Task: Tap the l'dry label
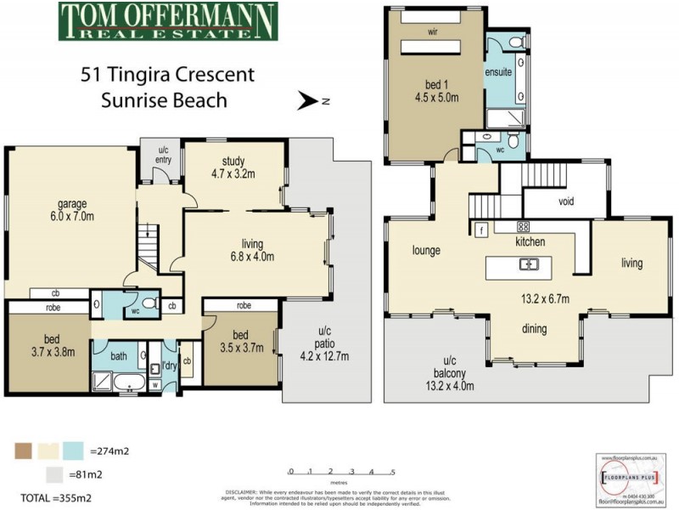click(x=168, y=367)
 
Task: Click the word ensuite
click(x=498, y=72)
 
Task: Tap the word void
click(x=567, y=202)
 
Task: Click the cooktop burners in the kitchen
click(x=524, y=227)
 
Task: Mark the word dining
click(x=534, y=329)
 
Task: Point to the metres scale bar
click(x=341, y=473)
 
